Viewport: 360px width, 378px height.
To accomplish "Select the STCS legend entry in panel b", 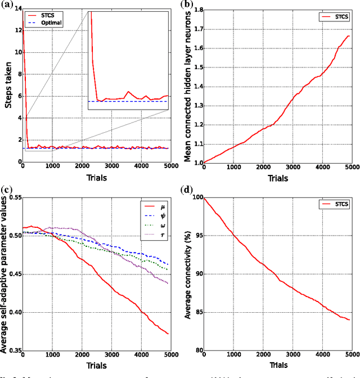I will (x=338, y=18).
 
